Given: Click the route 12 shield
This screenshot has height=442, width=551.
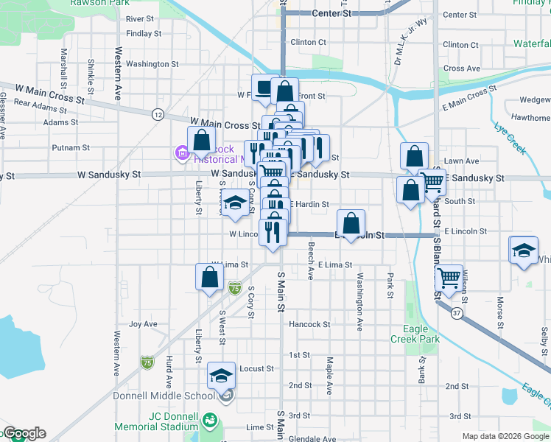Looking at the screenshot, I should click(x=158, y=114).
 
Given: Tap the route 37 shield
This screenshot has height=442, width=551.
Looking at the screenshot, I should click(x=457, y=314).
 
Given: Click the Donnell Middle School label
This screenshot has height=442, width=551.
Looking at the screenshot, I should click(x=164, y=396).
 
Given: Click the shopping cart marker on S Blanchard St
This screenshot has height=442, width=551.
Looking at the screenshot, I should click(x=449, y=278).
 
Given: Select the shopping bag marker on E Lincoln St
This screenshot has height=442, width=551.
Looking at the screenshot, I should click(x=352, y=222).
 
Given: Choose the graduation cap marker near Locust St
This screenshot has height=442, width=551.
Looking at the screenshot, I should click(x=221, y=376).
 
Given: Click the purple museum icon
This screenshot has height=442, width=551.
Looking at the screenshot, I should click(x=180, y=153).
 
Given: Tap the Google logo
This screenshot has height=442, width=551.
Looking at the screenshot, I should click(x=24, y=433).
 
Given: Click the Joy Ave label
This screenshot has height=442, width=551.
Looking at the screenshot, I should click(x=143, y=324).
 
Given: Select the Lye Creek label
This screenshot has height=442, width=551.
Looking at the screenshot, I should click(x=511, y=137).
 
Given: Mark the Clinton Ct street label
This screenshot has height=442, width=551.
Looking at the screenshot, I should click(x=307, y=42).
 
